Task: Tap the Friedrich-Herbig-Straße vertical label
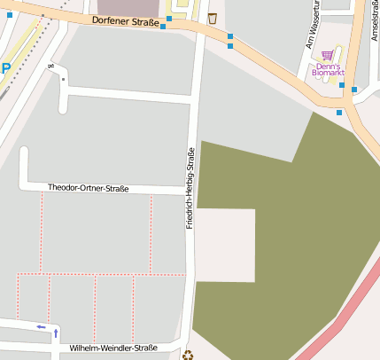190,189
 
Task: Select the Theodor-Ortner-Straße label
88,188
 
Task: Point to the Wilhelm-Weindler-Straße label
112,348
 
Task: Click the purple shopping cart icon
328,55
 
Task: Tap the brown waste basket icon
212,18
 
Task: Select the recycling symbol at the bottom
188,355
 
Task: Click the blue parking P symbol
5,68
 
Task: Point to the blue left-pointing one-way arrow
41,326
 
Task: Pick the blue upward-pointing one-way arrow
57,333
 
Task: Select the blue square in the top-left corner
10,14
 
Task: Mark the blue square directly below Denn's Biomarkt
342,85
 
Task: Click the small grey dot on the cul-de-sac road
63,79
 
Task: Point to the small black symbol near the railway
50,65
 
